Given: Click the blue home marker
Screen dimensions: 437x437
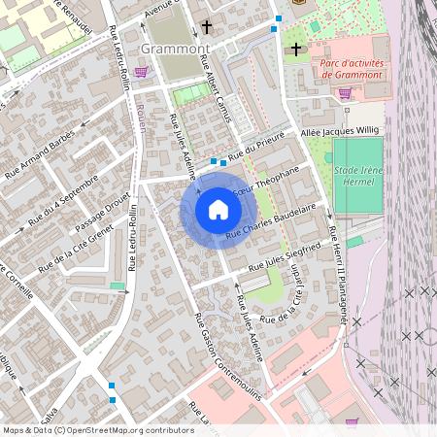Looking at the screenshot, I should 218,210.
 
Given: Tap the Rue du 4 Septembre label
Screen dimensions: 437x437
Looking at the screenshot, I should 64,198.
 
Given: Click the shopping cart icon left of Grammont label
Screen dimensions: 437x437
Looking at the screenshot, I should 143,71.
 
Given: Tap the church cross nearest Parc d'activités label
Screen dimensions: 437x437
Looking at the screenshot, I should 296,49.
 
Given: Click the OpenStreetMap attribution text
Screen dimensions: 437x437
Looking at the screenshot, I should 97,430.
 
